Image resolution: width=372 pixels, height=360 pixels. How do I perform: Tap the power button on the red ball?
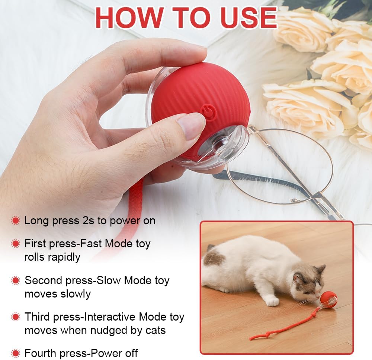coord(208,113)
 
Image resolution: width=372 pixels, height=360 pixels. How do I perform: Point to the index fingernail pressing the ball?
coord(190,126)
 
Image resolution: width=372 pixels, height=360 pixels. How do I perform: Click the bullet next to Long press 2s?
coord(16,221)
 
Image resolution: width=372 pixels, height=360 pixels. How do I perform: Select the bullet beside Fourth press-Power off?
coord(16,353)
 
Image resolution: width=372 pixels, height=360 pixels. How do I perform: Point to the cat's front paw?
coord(272,302)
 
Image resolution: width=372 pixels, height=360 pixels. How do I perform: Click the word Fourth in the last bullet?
coord(40,353)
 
